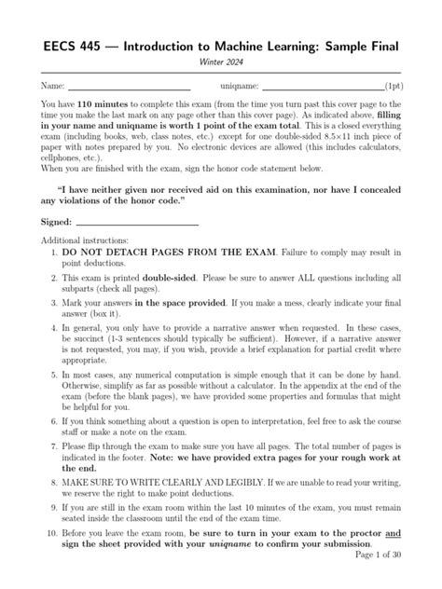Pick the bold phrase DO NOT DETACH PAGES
(131, 253)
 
